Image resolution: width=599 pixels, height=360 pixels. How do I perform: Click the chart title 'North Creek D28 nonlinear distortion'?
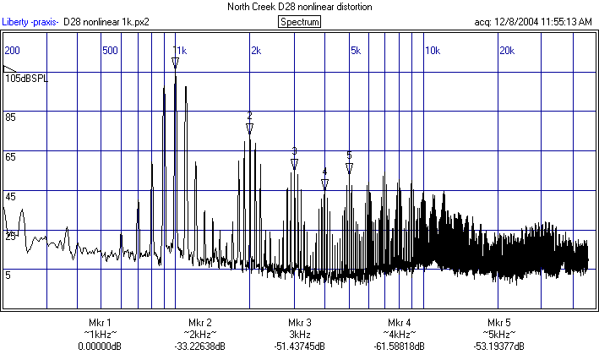pos(299,7)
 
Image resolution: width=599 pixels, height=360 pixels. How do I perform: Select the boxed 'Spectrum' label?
pos(299,22)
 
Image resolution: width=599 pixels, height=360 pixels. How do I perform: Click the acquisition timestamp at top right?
pos(532,22)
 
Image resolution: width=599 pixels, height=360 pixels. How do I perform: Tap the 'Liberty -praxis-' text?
pos(30,22)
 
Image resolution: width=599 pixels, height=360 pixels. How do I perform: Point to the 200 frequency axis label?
pos(13,51)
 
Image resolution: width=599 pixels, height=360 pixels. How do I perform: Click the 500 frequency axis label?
pos(109,51)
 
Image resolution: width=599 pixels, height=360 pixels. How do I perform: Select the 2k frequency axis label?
pos(256,51)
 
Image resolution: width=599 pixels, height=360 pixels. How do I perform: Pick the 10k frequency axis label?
pos(432,51)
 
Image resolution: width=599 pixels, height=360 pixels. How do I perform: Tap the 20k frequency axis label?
pos(507,51)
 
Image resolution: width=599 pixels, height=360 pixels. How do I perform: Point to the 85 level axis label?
pos(11,117)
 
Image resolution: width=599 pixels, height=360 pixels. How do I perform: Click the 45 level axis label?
pos(11,197)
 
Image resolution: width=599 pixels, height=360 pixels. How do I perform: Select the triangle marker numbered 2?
pos(249,128)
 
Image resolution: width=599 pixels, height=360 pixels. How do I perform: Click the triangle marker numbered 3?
pos(294,164)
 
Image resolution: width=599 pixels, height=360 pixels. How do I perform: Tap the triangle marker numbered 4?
pos(324,184)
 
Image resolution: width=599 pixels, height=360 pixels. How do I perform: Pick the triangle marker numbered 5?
pos(349,167)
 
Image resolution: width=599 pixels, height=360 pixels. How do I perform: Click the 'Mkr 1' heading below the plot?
pos(100,323)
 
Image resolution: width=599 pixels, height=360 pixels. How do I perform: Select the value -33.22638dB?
pos(200,346)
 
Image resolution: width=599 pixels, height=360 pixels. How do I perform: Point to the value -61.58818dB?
pos(400,346)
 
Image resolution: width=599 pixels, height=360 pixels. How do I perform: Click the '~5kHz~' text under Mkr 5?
pos(499,335)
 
